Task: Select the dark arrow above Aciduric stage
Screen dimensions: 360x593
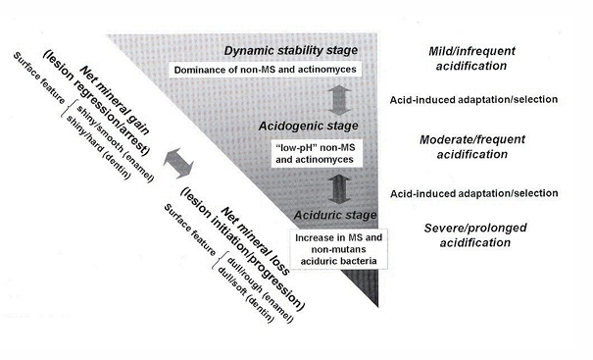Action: pos(337,184)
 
